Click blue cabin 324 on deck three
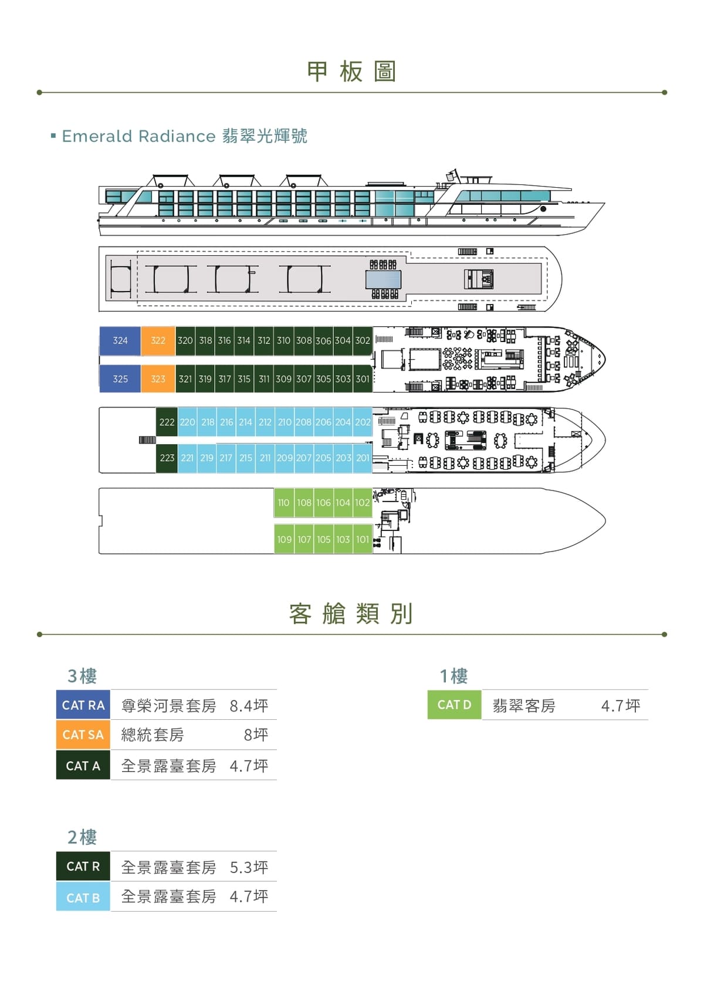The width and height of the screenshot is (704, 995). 120,341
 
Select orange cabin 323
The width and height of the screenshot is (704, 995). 158,379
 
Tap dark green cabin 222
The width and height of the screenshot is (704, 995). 167,422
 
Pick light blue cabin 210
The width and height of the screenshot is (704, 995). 285,422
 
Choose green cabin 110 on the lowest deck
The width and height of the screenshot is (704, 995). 284,503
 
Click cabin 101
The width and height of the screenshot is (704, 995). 363,539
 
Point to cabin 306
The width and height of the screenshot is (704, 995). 323,341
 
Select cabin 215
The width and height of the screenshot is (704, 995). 246,458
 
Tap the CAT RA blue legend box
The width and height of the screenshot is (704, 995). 83,705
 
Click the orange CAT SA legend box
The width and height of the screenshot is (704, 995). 83,735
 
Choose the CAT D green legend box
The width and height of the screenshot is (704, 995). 454,705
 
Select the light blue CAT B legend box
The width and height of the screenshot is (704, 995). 83,898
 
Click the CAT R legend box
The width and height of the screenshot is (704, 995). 83,866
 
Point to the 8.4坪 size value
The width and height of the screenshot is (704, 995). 249,706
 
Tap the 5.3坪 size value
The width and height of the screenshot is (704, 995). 249,868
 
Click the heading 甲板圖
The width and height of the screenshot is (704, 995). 351,72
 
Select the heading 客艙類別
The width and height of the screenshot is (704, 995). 351,614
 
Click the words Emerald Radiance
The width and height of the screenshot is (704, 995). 138,136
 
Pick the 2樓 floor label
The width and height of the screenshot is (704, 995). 82,837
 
